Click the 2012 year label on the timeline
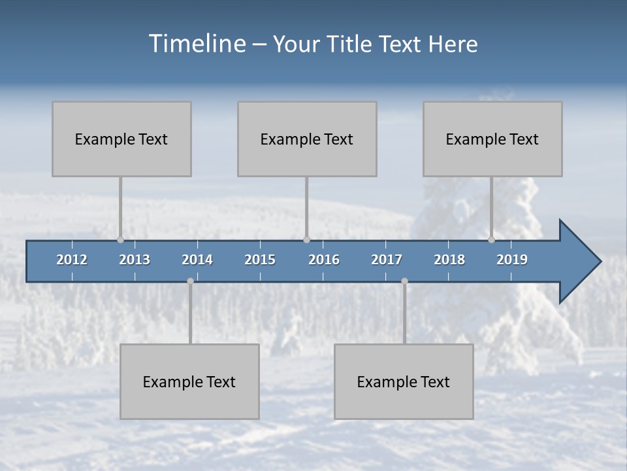tap(72, 260)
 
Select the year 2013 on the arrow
tap(135, 260)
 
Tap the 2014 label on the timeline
tap(197, 260)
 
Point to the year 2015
tap(260, 260)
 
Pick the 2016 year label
tap(324, 260)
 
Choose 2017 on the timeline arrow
tap(387, 260)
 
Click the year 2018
tap(449, 260)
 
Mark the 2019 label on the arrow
tap(512, 260)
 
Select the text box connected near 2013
tap(121, 139)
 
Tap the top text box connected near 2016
tap(307, 139)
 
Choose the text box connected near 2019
tap(492, 139)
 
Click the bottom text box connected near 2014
tap(189, 381)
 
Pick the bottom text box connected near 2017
tap(404, 381)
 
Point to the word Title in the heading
tap(352, 44)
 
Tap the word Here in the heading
tap(453, 44)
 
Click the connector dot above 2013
tap(120, 239)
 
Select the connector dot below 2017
tap(404, 281)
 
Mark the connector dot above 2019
tap(491, 239)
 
